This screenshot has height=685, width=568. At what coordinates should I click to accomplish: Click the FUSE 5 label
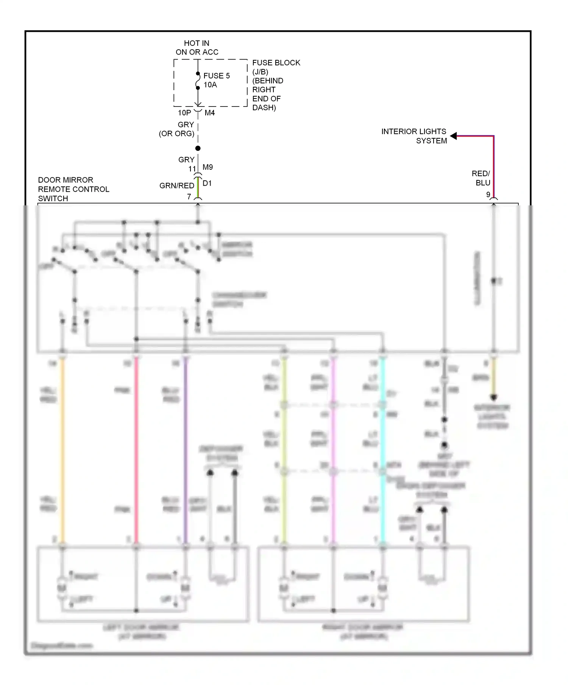(x=217, y=76)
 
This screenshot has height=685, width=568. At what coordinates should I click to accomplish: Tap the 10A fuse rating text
(x=211, y=85)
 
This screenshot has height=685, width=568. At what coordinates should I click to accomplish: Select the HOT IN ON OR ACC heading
(x=197, y=48)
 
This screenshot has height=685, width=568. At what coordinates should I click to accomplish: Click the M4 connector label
(x=210, y=113)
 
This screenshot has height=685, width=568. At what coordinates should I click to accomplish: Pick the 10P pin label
(x=184, y=113)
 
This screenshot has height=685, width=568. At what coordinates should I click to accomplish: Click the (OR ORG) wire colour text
(x=176, y=134)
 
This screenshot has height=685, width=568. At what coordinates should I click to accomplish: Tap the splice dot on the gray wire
(x=198, y=148)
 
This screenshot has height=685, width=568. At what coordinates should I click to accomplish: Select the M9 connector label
(x=208, y=167)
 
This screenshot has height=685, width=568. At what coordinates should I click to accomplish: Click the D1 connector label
(x=207, y=183)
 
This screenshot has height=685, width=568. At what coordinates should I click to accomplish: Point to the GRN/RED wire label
(x=177, y=186)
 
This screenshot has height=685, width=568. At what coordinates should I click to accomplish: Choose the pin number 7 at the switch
(x=189, y=197)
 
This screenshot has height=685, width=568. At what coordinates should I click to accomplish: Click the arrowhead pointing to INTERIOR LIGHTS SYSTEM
(x=454, y=136)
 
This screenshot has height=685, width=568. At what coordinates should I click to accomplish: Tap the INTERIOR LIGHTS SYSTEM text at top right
(x=414, y=136)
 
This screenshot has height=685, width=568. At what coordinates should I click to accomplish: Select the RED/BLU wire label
(x=481, y=178)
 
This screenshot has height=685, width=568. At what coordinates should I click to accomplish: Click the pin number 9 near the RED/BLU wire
(x=488, y=194)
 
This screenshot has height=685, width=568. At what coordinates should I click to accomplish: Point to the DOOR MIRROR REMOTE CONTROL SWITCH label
(x=73, y=189)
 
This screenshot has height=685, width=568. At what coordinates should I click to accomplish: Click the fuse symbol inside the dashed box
(x=198, y=81)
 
